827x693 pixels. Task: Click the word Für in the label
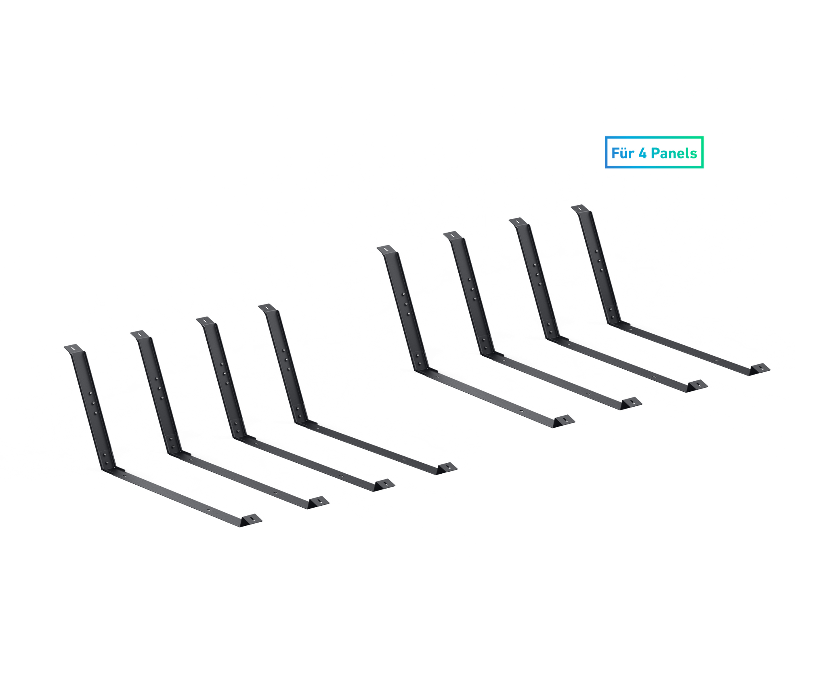(x=622, y=153)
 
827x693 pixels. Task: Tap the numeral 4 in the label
(x=642, y=153)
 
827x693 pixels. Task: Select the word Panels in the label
(x=674, y=153)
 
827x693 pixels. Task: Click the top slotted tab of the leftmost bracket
(x=74, y=348)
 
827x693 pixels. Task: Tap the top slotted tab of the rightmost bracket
(x=580, y=208)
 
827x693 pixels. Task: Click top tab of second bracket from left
(x=140, y=334)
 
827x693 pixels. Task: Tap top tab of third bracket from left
(x=206, y=321)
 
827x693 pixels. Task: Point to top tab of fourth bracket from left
(x=267, y=308)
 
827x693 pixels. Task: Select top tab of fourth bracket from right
(x=386, y=249)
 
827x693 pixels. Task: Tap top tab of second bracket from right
(x=518, y=222)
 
